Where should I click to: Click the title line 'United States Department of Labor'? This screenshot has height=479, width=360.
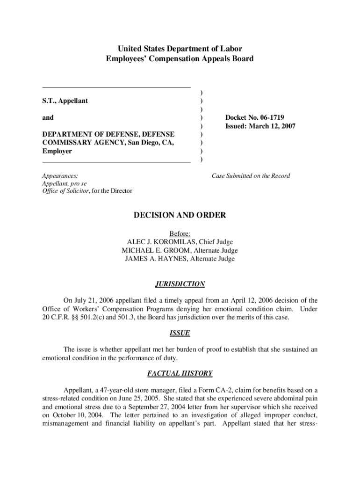click(x=180, y=49)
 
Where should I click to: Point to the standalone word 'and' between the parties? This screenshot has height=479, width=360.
click(x=48, y=118)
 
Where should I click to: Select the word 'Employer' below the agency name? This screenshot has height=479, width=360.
click(x=57, y=152)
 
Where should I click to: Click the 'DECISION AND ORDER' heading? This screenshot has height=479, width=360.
click(x=180, y=216)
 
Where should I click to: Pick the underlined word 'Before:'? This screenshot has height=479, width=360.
click(x=180, y=234)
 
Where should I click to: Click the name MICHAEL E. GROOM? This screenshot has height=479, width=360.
click(x=155, y=251)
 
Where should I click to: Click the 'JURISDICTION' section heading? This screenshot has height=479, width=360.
click(x=180, y=284)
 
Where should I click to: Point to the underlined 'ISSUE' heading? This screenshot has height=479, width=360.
click(x=180, y=334)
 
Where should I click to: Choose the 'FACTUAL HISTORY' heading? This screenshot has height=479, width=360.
click(x=180, y=374)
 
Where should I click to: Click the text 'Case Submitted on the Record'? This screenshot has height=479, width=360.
click(x=251, y=176)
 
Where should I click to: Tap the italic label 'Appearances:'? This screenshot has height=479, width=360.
click(x=60, y=176)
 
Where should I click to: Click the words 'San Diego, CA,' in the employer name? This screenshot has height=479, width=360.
click(x=151, y=143)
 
